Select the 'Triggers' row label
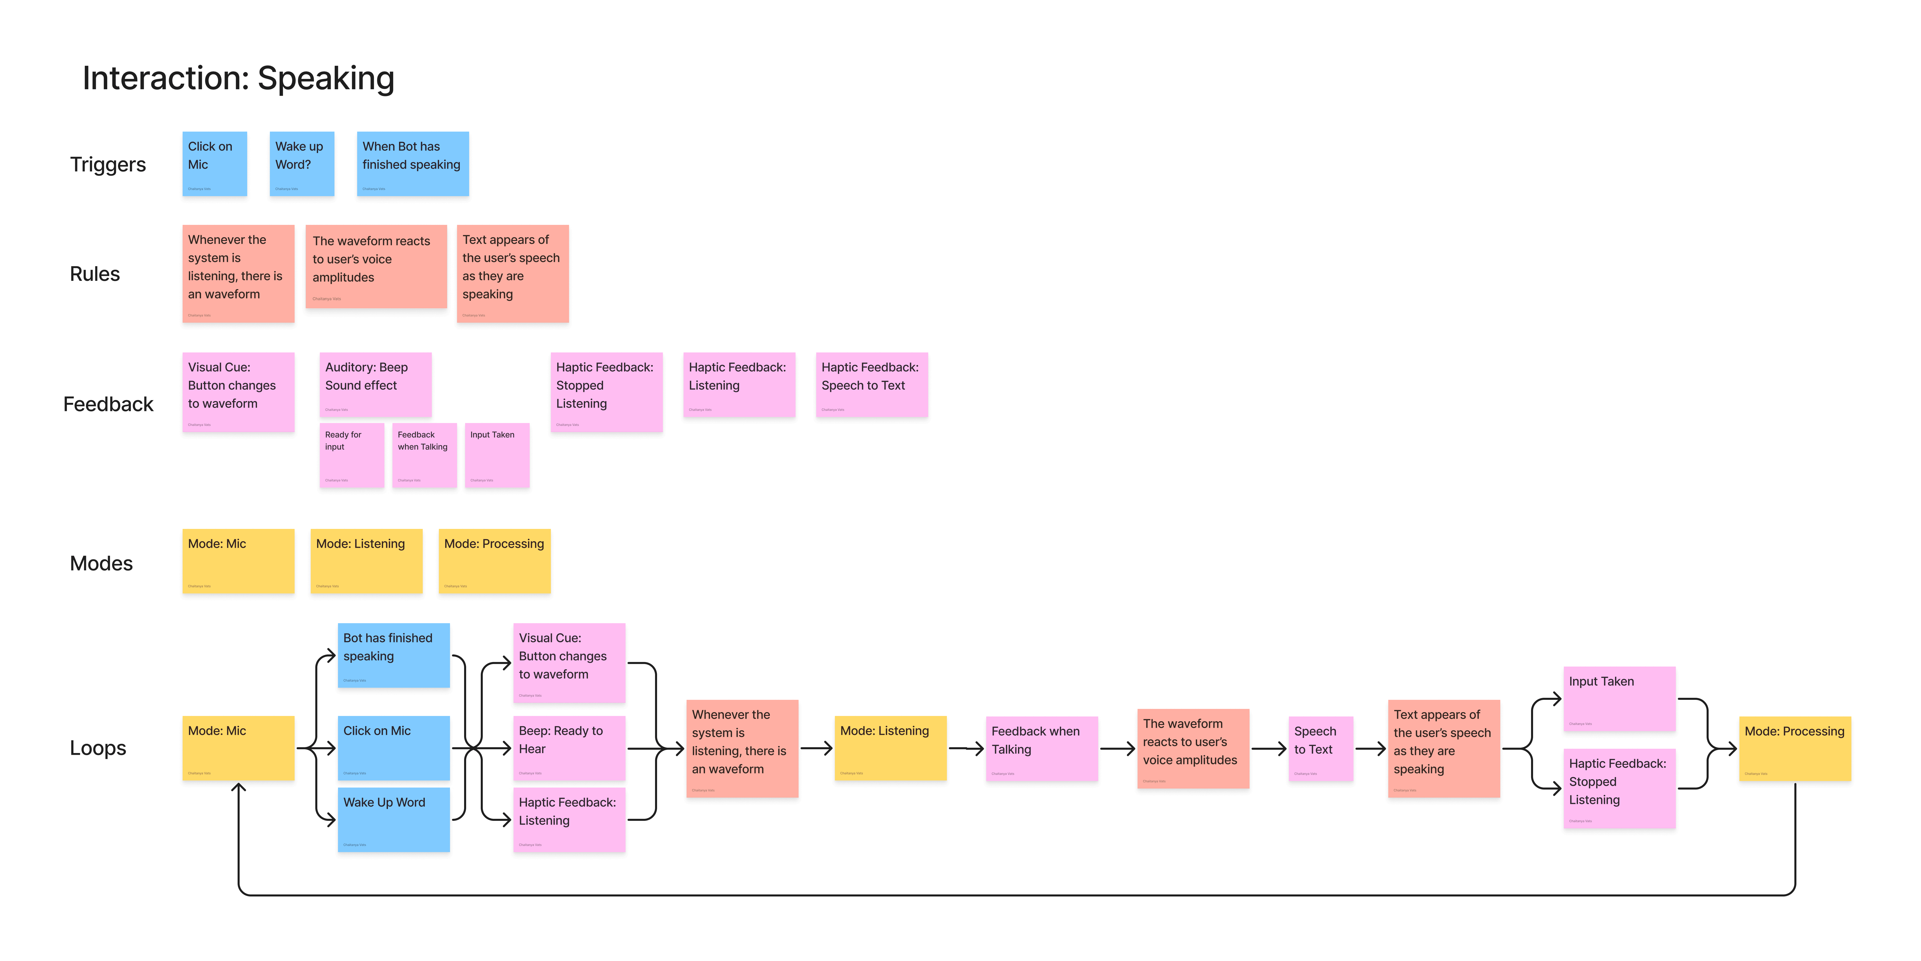(x=108, y=164)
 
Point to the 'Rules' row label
(x=95, y=274)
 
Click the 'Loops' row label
(x=98, y=748)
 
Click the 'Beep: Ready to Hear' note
(x=568, y=748)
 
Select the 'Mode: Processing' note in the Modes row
(x=494, y=561)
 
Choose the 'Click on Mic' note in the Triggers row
(x=214, y=164)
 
